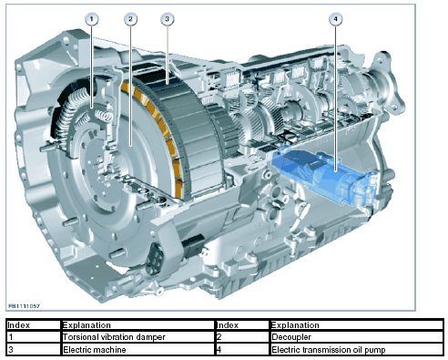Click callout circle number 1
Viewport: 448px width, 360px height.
(x=92, y=19)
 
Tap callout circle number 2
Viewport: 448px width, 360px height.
(x=130, y=19)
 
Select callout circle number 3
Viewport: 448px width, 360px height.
(x=167, y=19)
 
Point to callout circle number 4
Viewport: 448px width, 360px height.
(x=335, y=19)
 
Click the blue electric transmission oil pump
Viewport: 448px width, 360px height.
(x=325, y=175)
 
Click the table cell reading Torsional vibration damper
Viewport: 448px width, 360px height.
(x=137, y=337)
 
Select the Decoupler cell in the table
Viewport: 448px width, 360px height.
(x=356, y=337)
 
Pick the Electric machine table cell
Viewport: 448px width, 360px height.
(x=137, y=349)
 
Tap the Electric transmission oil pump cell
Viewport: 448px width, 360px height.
(x=356, y=349)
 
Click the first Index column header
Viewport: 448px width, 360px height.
(x=34, y=325)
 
